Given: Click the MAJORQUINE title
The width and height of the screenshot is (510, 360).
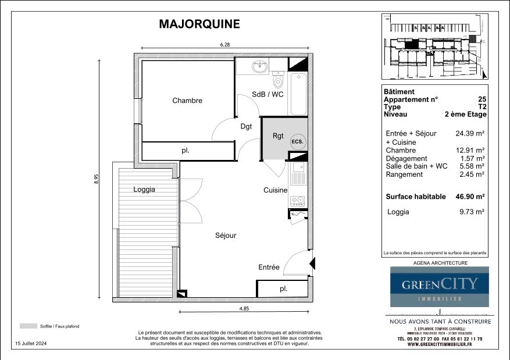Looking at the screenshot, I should [x=199, y=24].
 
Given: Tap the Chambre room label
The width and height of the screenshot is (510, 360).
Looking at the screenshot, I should [x=187, y=101].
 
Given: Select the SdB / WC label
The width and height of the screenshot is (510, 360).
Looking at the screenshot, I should [x=268, y=95].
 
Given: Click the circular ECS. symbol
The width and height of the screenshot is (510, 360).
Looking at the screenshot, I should [x=297, y=141].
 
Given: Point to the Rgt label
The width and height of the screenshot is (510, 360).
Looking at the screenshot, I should [x=278, y=136].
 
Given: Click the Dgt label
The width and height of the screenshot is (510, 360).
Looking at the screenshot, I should [x=246, y=126].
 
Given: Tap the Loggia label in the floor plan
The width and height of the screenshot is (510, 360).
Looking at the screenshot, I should [x=144, y=190].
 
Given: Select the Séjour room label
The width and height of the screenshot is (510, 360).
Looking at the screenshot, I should [x=226, y=236].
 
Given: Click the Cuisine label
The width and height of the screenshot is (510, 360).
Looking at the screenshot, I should [x=275, y=190].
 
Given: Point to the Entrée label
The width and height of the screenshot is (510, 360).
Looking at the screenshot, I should [x=269, y=268].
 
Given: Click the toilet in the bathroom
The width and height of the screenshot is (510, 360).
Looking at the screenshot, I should [x=277, y=79].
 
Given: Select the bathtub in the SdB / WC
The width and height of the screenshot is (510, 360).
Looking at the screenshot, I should [x=298, y=94].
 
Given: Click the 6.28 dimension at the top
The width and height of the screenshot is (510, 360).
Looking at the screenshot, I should [x=226, y=45].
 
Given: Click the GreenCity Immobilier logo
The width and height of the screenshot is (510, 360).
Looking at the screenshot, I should [x=439, y=286].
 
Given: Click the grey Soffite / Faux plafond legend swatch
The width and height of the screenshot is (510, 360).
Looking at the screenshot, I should [x=27, y=326].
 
